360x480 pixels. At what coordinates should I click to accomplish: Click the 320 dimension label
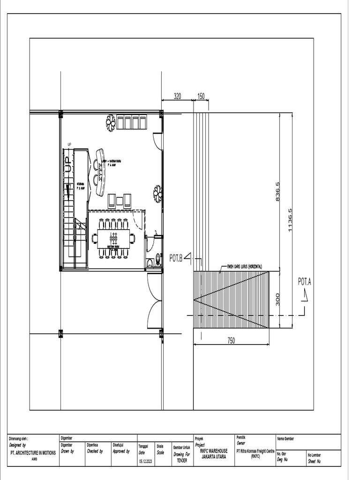tap(178, 96)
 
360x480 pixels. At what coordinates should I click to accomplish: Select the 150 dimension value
tap(201, 96)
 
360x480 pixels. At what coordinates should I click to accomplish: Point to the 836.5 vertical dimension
tap(277, 191)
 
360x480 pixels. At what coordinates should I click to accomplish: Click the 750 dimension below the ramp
tap(231, 341)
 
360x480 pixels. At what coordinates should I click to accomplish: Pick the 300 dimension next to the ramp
tap(277, 300)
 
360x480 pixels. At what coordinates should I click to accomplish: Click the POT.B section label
tap(176, 258)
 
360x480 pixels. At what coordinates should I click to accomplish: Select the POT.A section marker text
tap(305, 282)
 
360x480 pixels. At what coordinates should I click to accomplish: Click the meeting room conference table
tap(113, 238)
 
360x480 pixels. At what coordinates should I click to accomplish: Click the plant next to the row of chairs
tap(111, 122)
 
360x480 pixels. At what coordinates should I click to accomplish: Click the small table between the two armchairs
tap(120, 202)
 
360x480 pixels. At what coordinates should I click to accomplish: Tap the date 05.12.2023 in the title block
tap(145, 461)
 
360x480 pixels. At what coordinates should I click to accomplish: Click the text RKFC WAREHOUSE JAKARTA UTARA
tap(213, 453)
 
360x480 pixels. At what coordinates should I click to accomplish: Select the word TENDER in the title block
tap(181, 461)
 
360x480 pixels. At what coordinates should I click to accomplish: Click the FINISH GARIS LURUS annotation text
tap(244, 266)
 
